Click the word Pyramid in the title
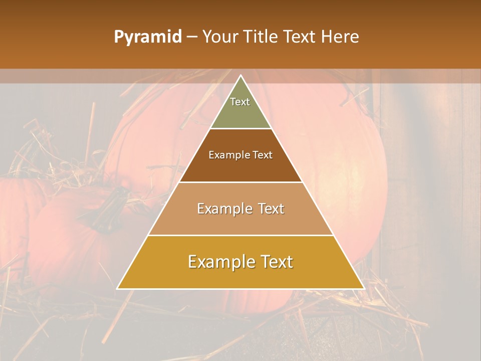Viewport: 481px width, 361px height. coord(147,37)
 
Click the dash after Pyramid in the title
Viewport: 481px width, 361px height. coord(192,37)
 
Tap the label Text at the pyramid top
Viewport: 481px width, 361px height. coord(240,102)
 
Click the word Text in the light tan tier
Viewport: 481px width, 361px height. coord(270,209)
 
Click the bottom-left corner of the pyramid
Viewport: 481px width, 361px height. coord(117,289)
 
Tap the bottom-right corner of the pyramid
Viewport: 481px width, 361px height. coord(364,289)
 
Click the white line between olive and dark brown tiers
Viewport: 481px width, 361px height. coord(241,129)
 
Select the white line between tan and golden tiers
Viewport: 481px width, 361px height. coord(241,235)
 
